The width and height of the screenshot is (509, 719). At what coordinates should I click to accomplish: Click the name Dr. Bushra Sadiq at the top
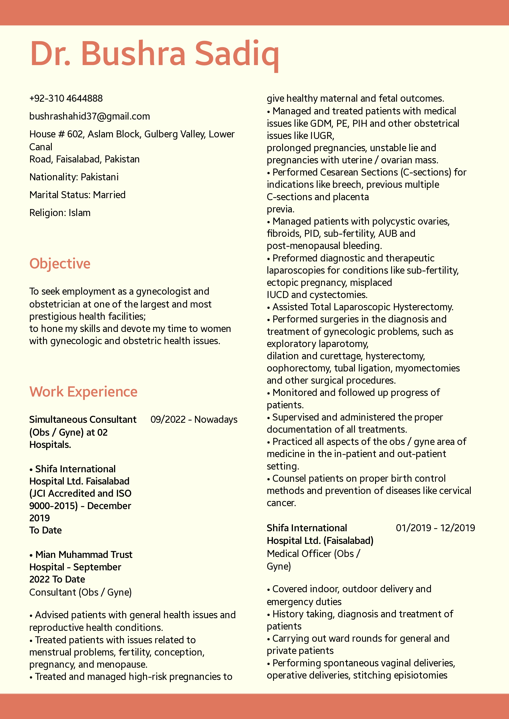coord(154,54)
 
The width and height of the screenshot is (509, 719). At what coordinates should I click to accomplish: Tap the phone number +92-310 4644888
coord(66,98)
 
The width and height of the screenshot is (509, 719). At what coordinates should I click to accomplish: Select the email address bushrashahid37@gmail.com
coord(89,116)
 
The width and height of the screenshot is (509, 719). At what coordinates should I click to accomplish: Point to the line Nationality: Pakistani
coord(74,177)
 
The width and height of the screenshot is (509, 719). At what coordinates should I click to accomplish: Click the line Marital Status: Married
coord(77,195)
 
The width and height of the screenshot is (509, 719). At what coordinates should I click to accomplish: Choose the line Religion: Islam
coord(60,213)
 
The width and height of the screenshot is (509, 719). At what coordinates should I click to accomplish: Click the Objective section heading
coord(60,263)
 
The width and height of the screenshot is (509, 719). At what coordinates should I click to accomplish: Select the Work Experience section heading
coord(83,391)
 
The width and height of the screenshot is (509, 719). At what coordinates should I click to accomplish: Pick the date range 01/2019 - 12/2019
coord(435,528)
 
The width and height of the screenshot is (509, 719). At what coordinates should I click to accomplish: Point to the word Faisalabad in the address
coord(78,159)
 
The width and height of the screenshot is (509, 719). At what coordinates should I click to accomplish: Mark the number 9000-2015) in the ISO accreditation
coord(54,506)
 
